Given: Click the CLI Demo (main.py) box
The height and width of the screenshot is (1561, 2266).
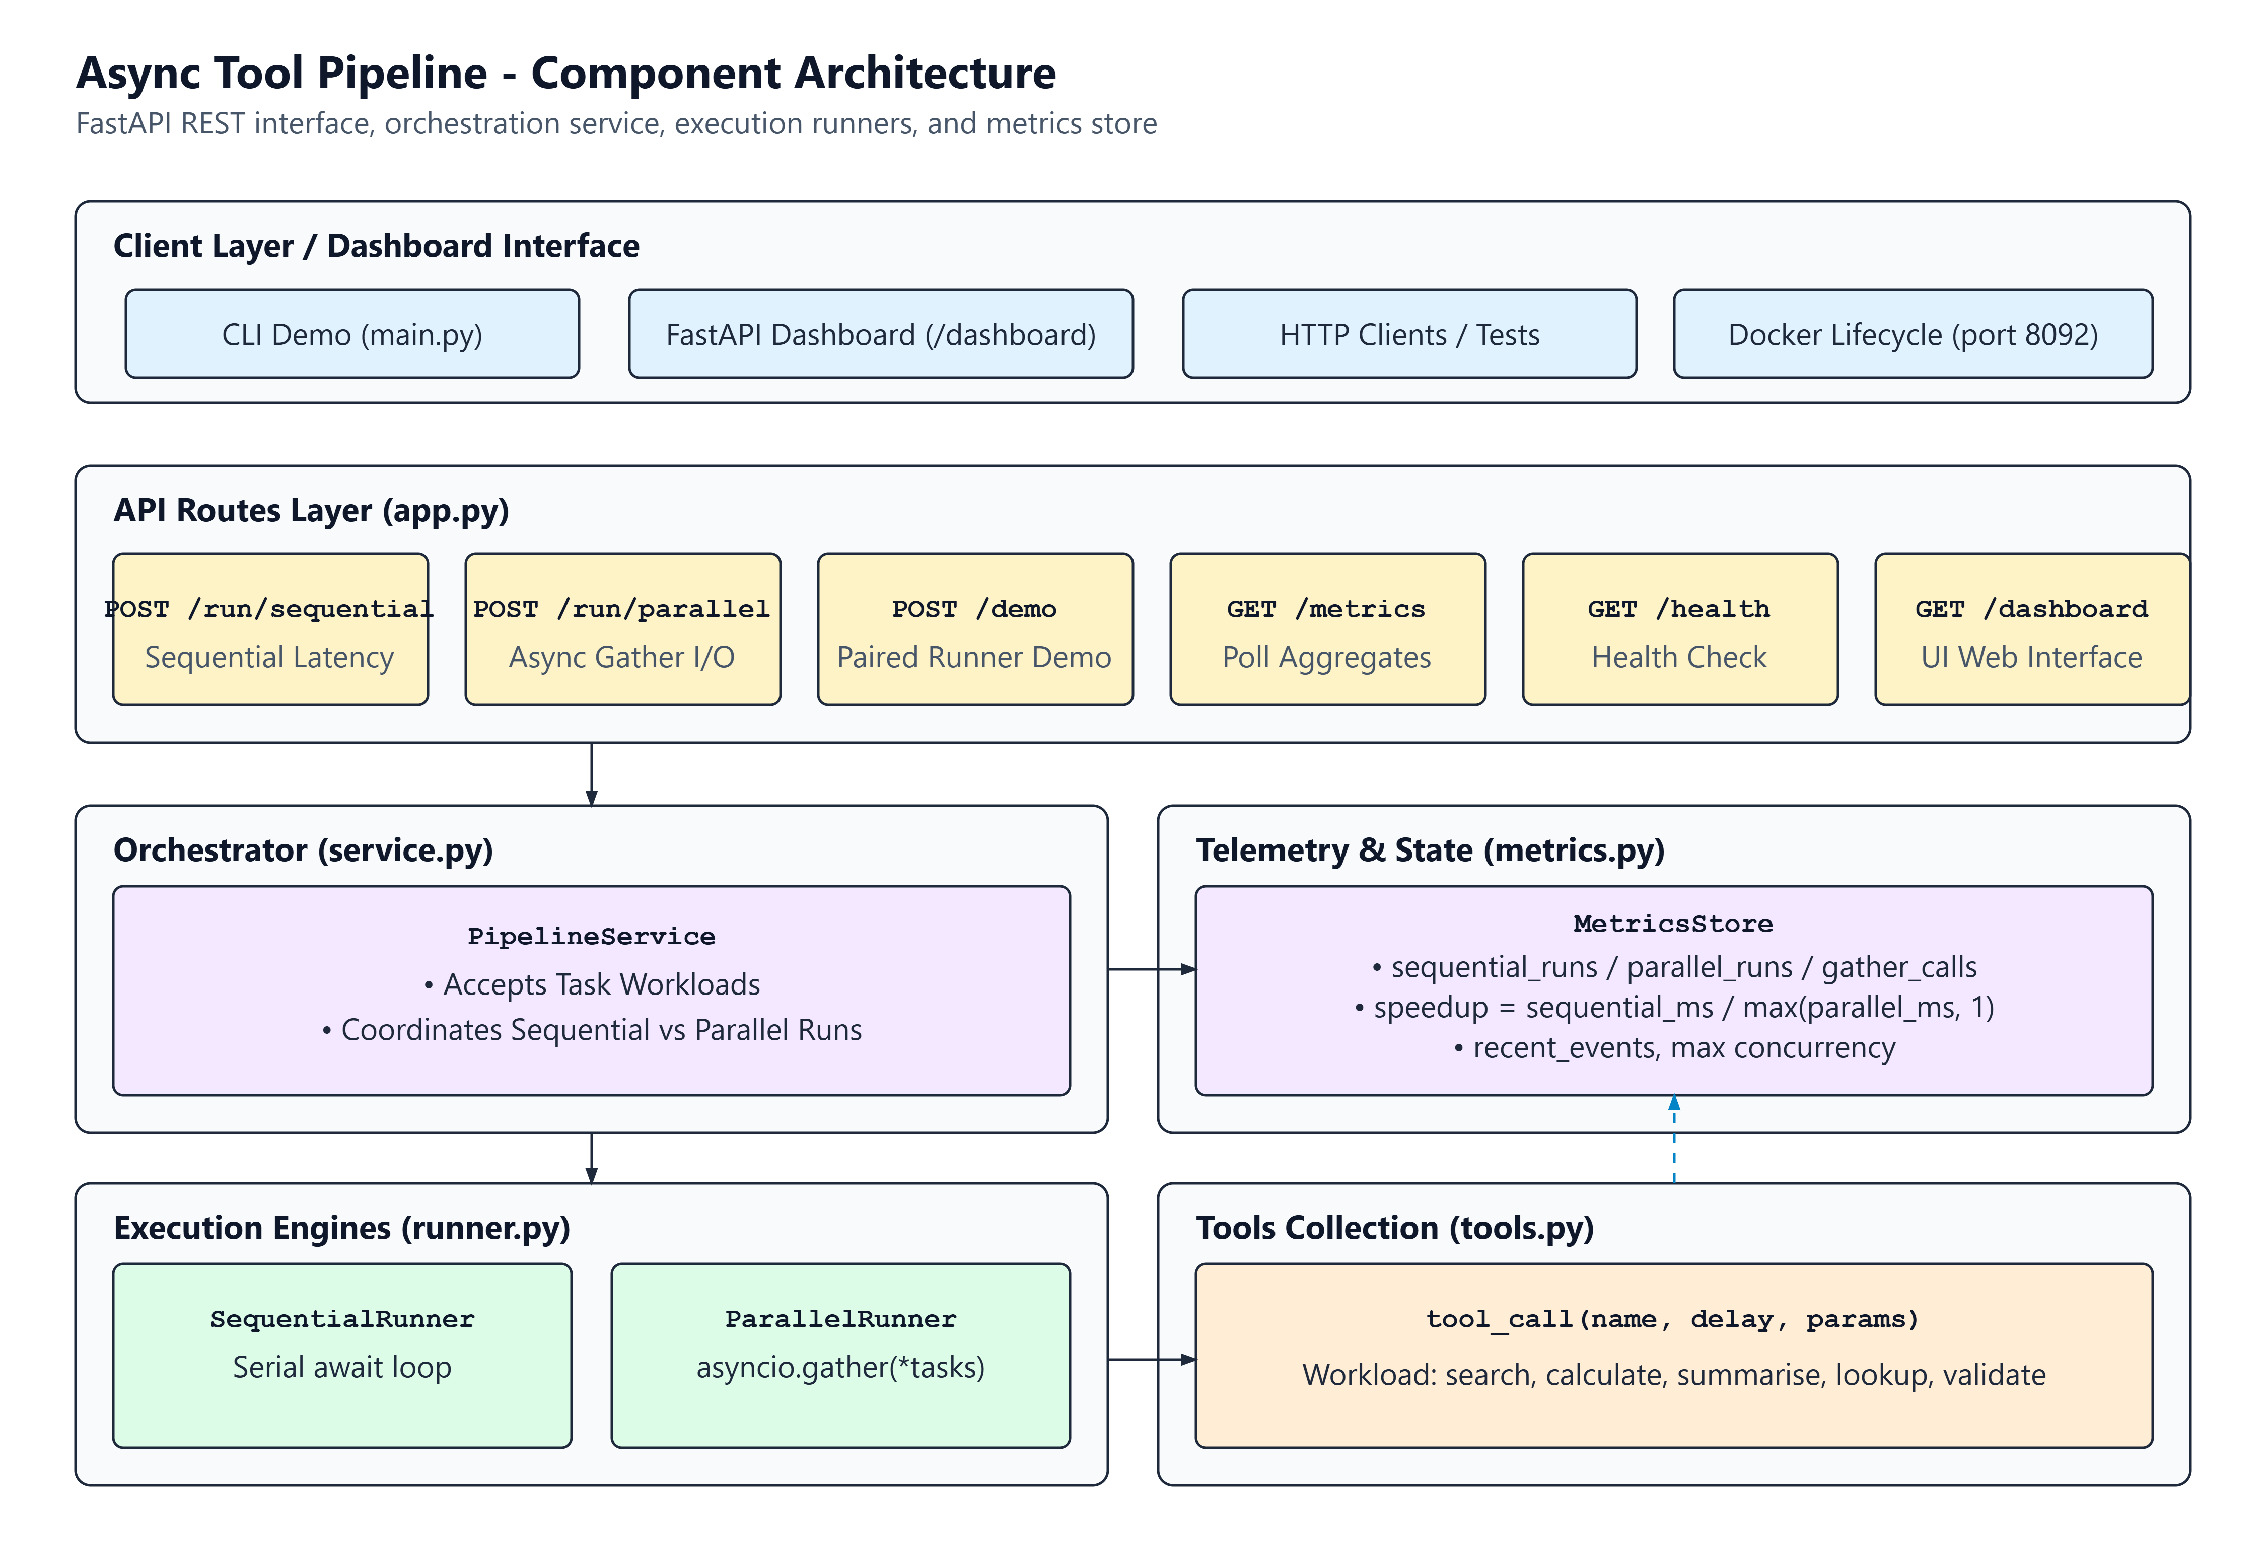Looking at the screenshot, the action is click(352, 333).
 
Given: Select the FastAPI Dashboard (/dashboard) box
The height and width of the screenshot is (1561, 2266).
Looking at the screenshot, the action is click(880, 333).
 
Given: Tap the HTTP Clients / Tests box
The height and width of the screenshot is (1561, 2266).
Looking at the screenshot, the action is click(1409, 333).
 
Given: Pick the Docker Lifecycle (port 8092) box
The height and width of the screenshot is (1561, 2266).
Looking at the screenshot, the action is click(1913, 333).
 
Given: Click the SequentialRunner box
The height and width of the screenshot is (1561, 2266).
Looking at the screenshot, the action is click(342, 1356).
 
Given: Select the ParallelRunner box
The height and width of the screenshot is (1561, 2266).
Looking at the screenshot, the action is click(841, 1356).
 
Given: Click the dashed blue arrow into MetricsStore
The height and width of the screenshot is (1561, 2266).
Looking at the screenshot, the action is click(1674, 1140).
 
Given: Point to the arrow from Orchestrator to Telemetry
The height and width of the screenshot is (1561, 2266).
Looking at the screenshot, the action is click(1152, 969).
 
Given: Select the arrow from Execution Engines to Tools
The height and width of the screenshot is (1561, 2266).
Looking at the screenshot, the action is click(1152, 1360).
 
